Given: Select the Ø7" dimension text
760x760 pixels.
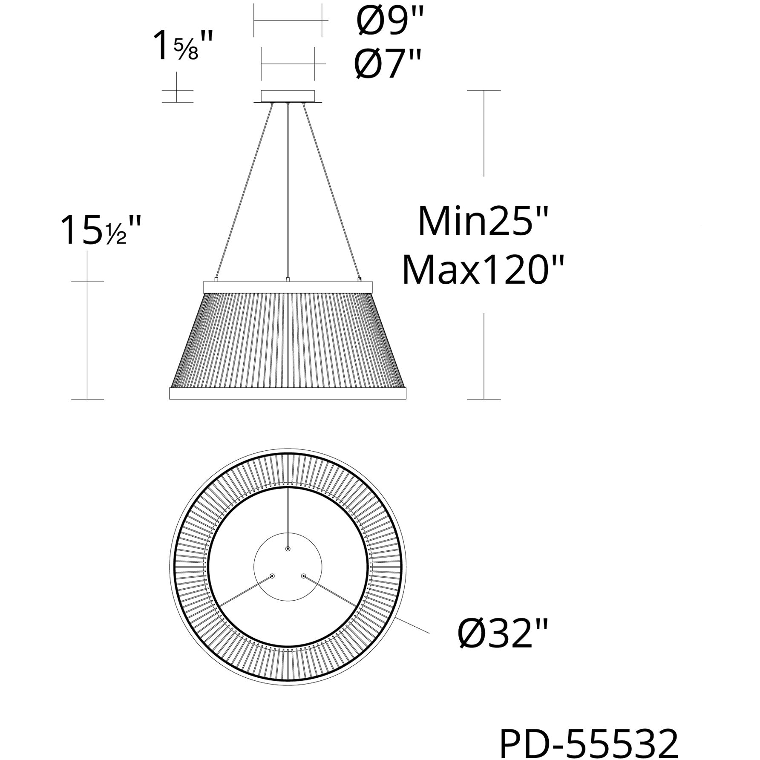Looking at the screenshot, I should click(387, 64).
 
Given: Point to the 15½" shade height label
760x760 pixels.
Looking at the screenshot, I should click(101, 231).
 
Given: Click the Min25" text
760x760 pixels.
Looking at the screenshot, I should click(482, 222).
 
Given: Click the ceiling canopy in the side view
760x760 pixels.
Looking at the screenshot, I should click(288, 95).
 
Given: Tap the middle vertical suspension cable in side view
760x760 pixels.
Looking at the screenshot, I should click(288, 192).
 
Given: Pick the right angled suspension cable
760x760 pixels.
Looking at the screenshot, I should click(332, 192).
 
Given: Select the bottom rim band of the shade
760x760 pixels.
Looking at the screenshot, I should click(288, 393).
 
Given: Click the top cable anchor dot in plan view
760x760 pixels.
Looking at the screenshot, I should click(288, 549).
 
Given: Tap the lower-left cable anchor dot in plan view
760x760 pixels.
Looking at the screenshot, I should click(272, 576).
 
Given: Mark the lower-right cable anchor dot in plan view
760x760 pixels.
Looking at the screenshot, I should click(303, 576).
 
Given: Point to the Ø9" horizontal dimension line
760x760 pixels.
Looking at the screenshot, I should click(288, 20).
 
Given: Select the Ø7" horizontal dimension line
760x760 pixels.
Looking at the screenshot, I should click(288, 64).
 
